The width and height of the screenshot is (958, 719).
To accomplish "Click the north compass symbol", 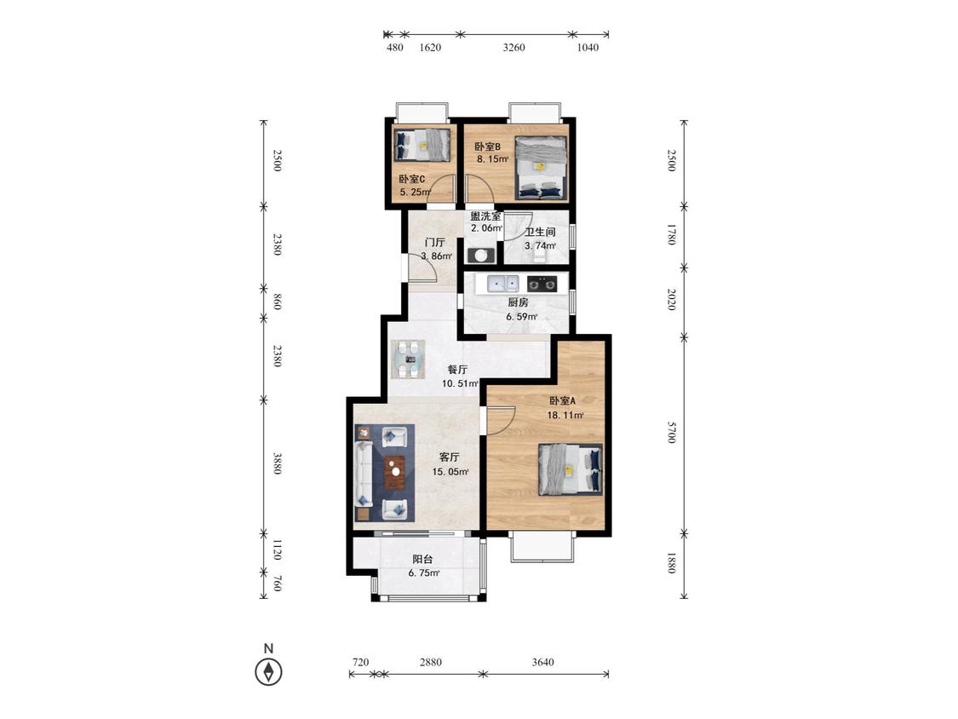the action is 268,672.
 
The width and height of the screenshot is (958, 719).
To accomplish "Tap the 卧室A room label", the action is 563,401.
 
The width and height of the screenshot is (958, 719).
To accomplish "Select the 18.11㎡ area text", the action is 565,416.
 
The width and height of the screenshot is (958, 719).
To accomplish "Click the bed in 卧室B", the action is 541,168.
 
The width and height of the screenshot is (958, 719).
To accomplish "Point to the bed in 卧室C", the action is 422,145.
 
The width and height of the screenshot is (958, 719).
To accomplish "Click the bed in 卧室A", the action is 570,469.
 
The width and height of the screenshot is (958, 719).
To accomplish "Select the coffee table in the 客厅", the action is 396,473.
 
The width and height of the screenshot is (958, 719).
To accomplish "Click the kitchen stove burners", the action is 542,285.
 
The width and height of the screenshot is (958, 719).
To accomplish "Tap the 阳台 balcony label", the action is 422,559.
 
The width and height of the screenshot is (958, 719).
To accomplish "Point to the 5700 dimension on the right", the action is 672,433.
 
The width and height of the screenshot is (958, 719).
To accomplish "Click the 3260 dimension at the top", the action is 513,48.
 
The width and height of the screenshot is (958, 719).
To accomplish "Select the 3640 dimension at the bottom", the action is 542,662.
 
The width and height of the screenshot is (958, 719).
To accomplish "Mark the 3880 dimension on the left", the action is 277,463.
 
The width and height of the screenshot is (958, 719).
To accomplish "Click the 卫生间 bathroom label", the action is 540,233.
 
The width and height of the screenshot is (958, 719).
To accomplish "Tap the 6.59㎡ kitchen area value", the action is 521,317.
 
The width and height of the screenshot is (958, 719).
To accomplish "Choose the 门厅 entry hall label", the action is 435,242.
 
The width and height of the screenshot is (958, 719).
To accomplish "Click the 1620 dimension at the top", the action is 430,48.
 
